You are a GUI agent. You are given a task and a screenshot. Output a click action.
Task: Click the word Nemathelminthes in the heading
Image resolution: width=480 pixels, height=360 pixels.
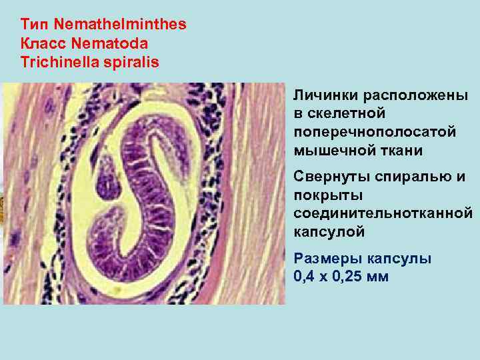coord(120,25)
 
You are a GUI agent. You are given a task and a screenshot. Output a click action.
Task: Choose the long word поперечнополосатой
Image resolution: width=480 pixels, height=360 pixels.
coord(375,132)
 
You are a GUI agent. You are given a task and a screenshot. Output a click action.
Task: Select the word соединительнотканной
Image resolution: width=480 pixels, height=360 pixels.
coord(383,213)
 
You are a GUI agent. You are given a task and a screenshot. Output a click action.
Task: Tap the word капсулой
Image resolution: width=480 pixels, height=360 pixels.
coord(329,232)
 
